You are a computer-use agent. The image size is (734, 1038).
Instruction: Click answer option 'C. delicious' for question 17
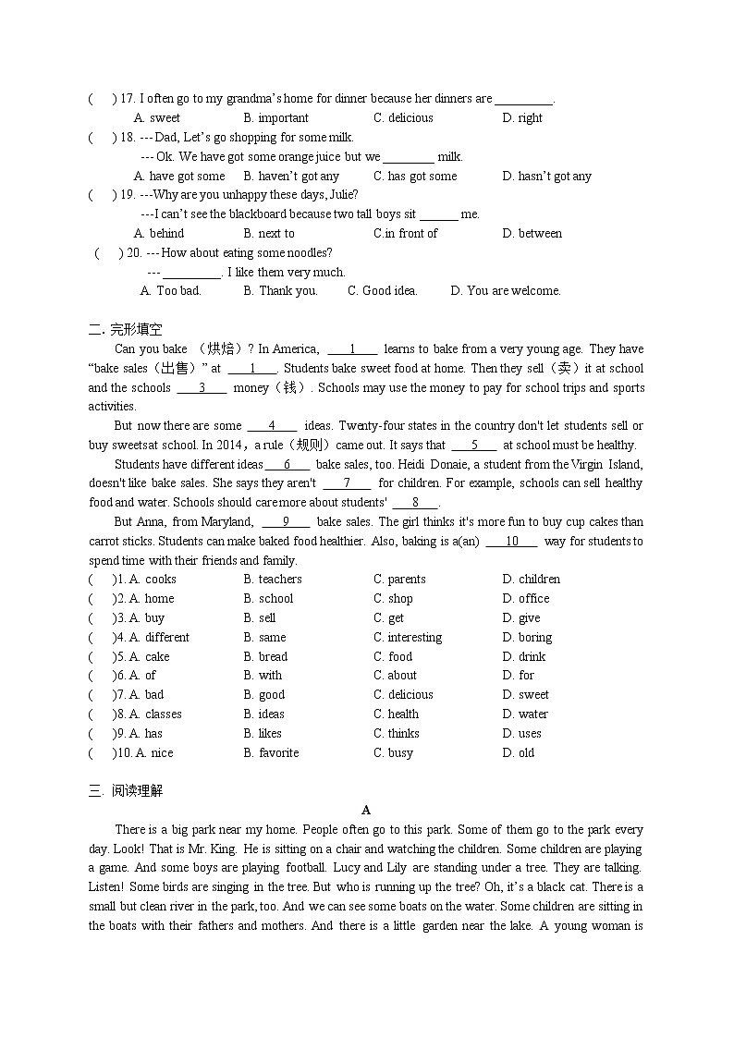[x=403, y=118]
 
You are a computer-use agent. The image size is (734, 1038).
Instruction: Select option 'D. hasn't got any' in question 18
[x=546, y=177]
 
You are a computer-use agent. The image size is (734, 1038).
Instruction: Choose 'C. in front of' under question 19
[x=405, y=234]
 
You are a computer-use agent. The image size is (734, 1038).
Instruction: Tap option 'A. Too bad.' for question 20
[x=170, y=291]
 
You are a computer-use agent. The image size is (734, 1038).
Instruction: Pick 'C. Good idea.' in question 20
[x=382, y=291]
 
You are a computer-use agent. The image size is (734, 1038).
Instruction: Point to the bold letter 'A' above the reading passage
[x=366, y=811]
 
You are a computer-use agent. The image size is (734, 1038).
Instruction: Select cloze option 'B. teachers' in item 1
[x=273, y=580]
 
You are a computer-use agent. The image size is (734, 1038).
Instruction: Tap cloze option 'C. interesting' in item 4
[x=408, y=638]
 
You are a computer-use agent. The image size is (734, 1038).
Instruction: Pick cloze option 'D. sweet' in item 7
[x=526, y=695]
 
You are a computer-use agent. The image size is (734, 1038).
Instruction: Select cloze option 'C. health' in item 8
[x=396, y=714]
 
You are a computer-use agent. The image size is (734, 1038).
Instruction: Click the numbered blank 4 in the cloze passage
[x=272, y=426]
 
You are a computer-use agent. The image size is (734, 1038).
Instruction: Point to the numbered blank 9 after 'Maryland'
[x=286, y=522]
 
